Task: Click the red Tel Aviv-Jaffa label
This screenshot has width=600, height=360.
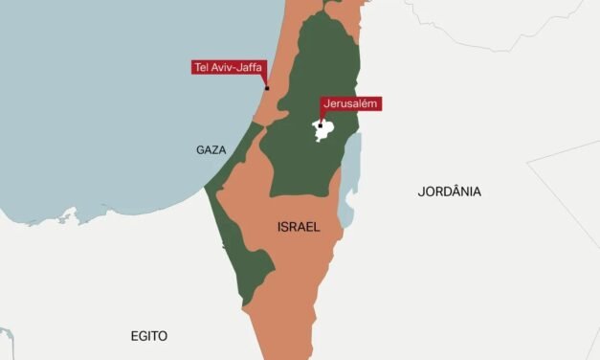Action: point(228,67)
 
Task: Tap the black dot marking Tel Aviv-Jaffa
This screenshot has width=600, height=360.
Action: point(267,88)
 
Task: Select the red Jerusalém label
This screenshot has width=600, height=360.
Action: point(350,103)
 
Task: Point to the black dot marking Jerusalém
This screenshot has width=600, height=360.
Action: point(321,124)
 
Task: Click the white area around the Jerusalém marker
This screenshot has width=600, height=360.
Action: point(325,131)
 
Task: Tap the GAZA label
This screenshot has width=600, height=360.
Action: point(211,150)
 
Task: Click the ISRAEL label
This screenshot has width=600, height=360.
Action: point(298,227)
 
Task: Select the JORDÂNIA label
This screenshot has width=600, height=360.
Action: point(449,191)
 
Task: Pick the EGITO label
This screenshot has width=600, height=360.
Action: point(148,336)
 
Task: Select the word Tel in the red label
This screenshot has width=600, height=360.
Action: point(202,67)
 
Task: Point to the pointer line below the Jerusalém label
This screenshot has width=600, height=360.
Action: point(321,117)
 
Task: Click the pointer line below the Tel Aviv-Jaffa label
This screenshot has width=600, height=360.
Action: point(266,80)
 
